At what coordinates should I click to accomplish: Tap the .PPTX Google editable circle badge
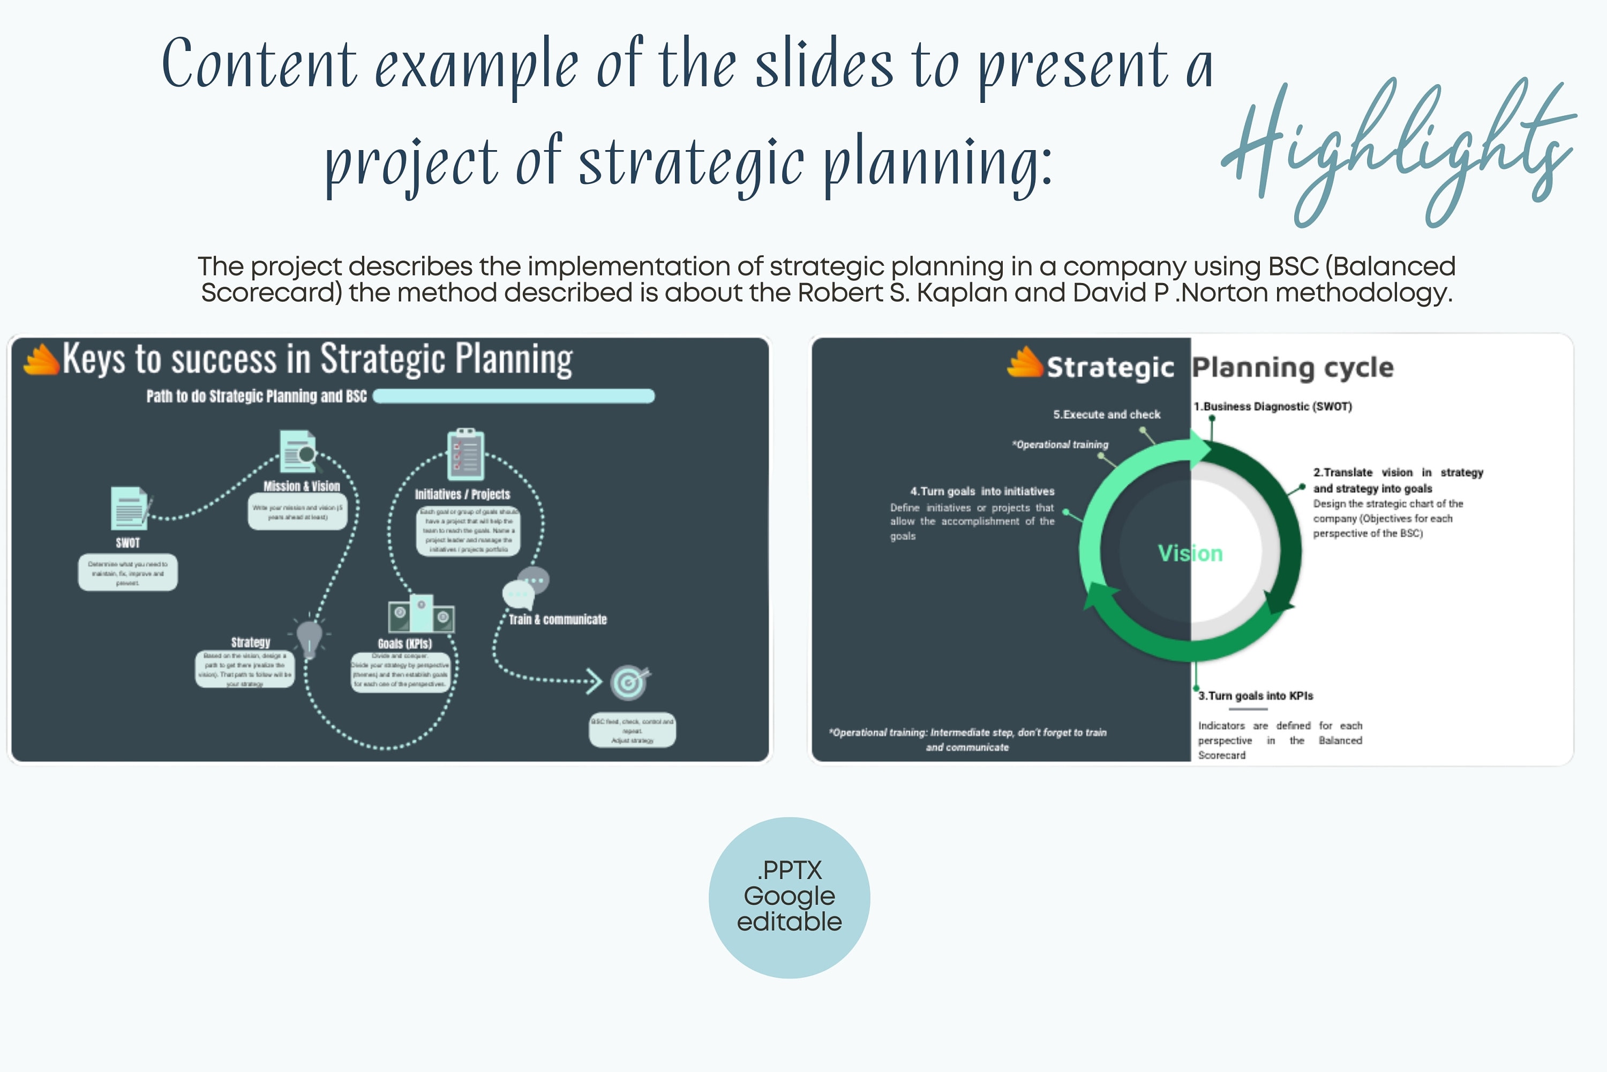(x=789, y=897)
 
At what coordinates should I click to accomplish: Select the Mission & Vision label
(x=301, y=486)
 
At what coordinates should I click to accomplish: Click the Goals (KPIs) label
(x=404, y=643)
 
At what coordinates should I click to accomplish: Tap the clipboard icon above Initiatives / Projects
(x=465, y=455)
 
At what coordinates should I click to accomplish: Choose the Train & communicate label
(x=558, y=620)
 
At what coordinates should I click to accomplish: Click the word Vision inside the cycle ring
(x=1190, y=553)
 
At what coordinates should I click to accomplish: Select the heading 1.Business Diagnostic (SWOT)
(x=1272, y=406)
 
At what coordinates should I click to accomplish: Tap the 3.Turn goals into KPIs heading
(x=1255, y=695)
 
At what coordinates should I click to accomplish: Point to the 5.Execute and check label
(x=1106, y=414)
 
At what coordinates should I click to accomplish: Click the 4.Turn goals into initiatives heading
(x=982, y=491)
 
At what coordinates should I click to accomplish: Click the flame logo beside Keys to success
(x=41, y=359)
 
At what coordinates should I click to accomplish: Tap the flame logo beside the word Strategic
(x=1024, y=362)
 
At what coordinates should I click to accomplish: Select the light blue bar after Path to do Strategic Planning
(x=514, y=396)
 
